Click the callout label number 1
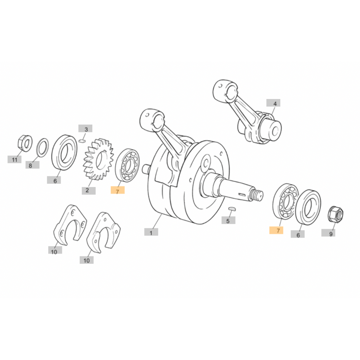[151, 232]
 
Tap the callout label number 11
[14, 159]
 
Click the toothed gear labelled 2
[98, 159]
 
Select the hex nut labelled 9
[335, 214]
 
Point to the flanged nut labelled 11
[25, 143]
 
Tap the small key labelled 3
[82, 141]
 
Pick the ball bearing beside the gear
[127, 165]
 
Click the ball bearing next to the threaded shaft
[286, 201]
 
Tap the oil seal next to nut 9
[308, 207]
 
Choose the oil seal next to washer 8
[64, 152]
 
